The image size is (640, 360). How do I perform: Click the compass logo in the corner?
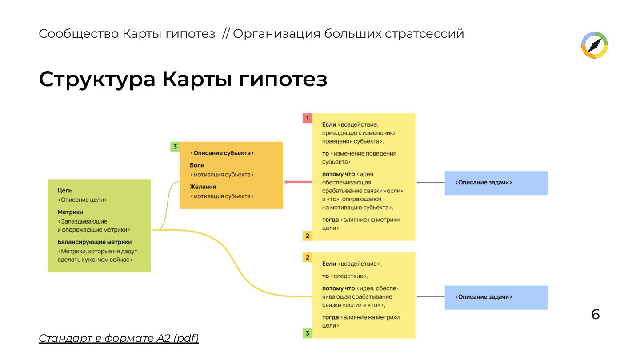click(595, 45)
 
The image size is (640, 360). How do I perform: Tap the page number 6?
click(595, 315)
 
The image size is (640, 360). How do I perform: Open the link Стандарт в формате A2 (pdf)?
click(119, 338)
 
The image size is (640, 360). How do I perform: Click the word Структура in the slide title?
click(97, 80)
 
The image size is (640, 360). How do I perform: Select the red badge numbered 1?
click(307, 118)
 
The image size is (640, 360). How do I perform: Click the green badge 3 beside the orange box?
click(175, 146)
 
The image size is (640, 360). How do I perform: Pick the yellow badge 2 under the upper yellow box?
click(307, 236)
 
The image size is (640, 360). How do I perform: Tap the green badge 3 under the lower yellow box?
click(307, 333)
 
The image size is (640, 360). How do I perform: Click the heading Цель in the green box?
click(65, 190)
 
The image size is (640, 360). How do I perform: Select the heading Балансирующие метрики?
click(95, 242)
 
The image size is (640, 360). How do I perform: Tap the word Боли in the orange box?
click(197, 165)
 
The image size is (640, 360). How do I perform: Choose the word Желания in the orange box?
click(203, 187)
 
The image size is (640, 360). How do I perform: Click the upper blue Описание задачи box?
click(496, 183)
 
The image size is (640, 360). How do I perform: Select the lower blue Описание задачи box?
click(496, 297)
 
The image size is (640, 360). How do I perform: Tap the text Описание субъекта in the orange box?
click(222, 153)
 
